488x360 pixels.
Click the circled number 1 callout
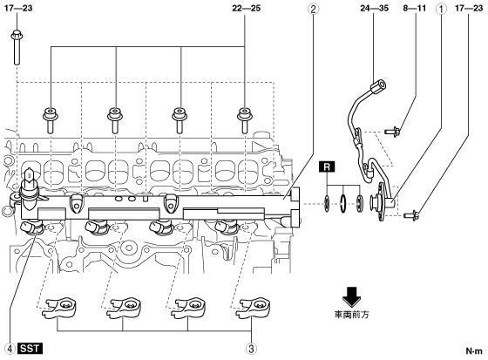tap(441, 9)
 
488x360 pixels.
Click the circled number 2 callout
tap(313, 9)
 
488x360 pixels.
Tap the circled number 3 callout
tap(252, 349)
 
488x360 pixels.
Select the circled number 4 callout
tap(10, 349)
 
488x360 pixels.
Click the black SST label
tap(30, 349)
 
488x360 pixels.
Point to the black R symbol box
tap(327, 166)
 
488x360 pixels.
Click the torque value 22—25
tap(246, 9)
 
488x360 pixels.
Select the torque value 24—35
tap(375, 9)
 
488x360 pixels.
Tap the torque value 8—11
tap(415, 9)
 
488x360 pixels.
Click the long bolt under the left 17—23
tap(17, 47)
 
